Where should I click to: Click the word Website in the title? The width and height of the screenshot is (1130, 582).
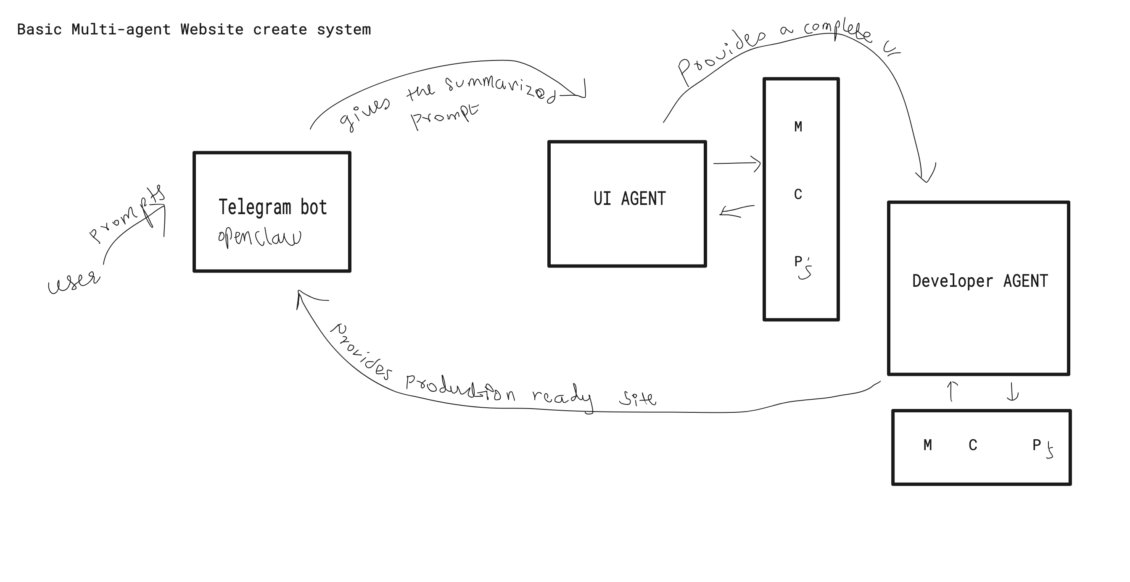tap(212, 30)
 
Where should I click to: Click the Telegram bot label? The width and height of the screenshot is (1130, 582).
tap(272, 207)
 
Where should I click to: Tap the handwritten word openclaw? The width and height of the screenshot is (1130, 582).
tap(259, 237)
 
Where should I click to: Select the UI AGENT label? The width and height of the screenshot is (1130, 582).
tap(629, 199)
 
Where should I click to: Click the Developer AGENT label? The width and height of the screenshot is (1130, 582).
tap(980, 281)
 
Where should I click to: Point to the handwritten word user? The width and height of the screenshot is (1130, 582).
tap(74, 282)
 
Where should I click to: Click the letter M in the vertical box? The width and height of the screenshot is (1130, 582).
tap(798, 127)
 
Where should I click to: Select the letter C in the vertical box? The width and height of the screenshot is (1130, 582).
tap(798, 194)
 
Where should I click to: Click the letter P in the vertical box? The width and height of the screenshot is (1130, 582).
tap(798, 262)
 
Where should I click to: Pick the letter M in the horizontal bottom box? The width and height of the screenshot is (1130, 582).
tap(927, 445)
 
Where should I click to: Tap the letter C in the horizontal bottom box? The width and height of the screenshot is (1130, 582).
tap(972, 445)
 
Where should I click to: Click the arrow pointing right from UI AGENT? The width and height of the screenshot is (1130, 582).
tap(737, 163)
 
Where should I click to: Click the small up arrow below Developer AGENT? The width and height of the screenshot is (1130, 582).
tap(951, 391)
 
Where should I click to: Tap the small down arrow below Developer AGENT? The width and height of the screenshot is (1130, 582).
tap(1012, 392)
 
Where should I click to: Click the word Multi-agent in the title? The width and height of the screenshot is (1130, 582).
tap(121, 30)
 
